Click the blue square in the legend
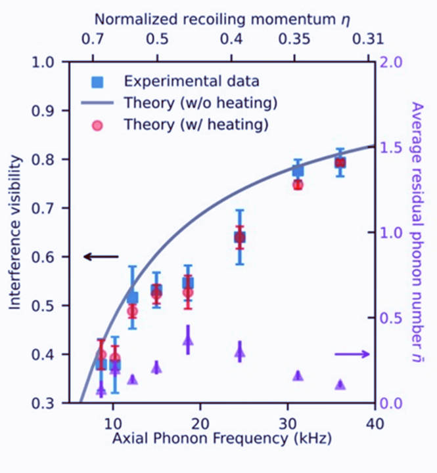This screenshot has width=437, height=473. click(97, 82)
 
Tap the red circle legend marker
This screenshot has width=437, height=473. click(97, 124)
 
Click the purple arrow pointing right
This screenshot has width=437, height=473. click(352, 354)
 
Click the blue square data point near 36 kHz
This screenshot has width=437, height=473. click(340, 162)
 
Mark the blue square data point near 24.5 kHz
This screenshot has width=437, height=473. click(240, 237)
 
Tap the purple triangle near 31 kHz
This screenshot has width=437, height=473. click(298, 375)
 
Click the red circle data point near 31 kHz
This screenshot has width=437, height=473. click(298, 184)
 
